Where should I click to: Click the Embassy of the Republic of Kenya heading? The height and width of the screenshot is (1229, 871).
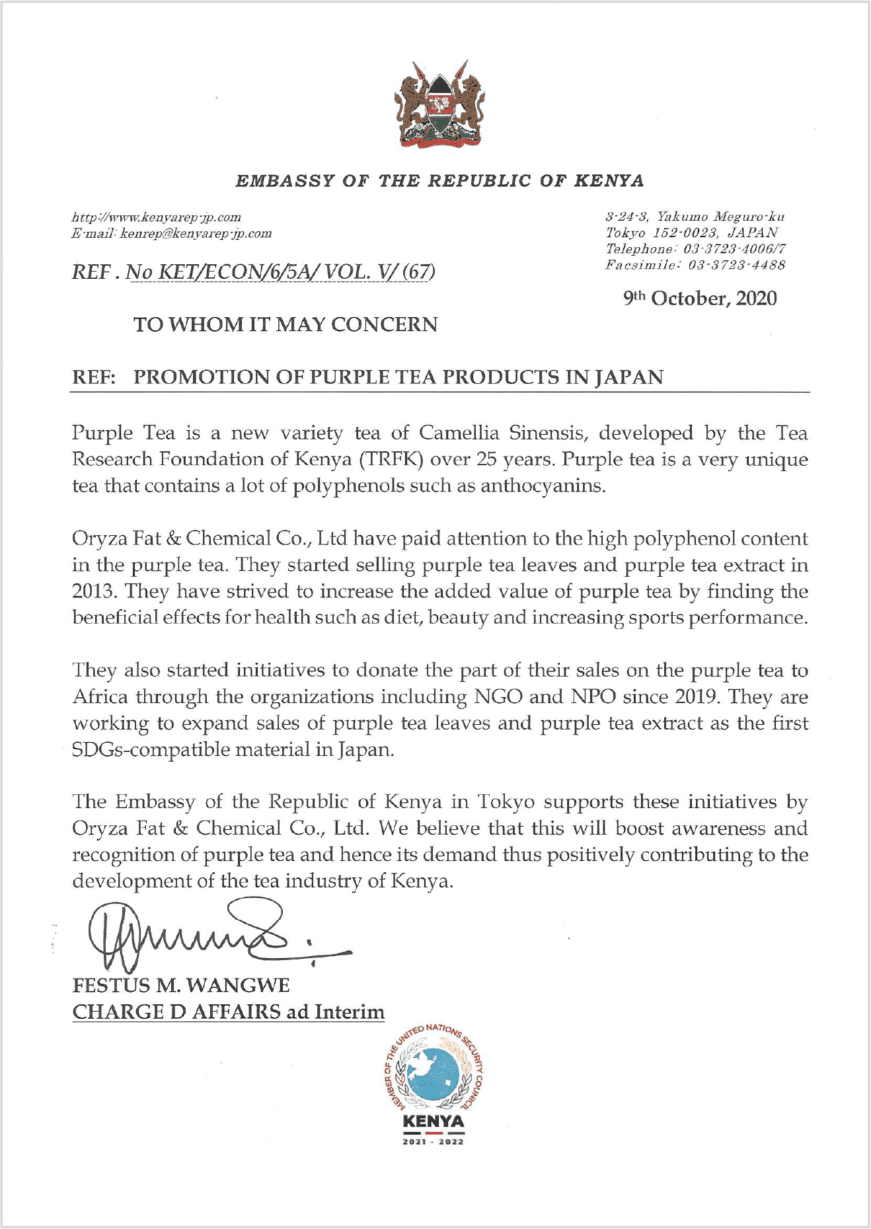(439, 180)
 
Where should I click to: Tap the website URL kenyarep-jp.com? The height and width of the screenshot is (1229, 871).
(156, 217)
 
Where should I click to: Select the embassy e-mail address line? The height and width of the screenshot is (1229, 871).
(171, 233)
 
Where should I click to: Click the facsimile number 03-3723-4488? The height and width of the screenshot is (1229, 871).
(737, 265)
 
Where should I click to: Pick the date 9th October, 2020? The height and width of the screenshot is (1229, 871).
(701, 298)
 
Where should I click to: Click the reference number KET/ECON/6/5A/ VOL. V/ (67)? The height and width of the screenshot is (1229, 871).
(280, 272)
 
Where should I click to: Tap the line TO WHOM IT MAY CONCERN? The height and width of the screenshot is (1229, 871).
(285, 324)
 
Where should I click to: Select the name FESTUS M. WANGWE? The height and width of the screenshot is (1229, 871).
(180, 985)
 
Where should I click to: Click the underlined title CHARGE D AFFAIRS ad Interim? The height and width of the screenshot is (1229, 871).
(228, 1012)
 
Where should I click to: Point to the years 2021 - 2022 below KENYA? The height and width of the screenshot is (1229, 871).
(434, 1142)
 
